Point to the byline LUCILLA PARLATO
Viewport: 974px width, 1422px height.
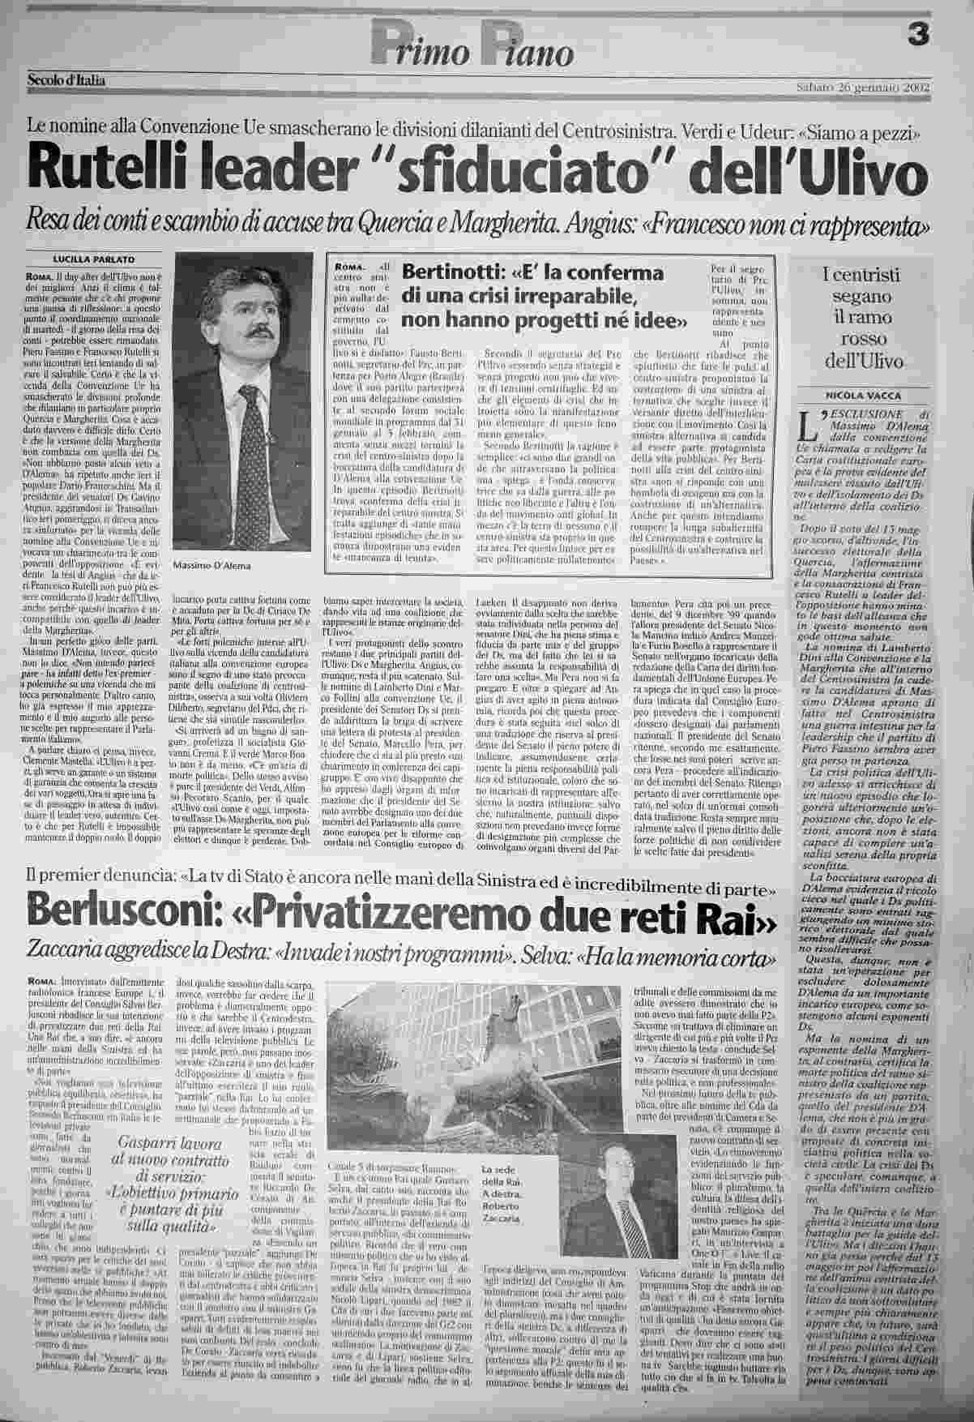[94, 259]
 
